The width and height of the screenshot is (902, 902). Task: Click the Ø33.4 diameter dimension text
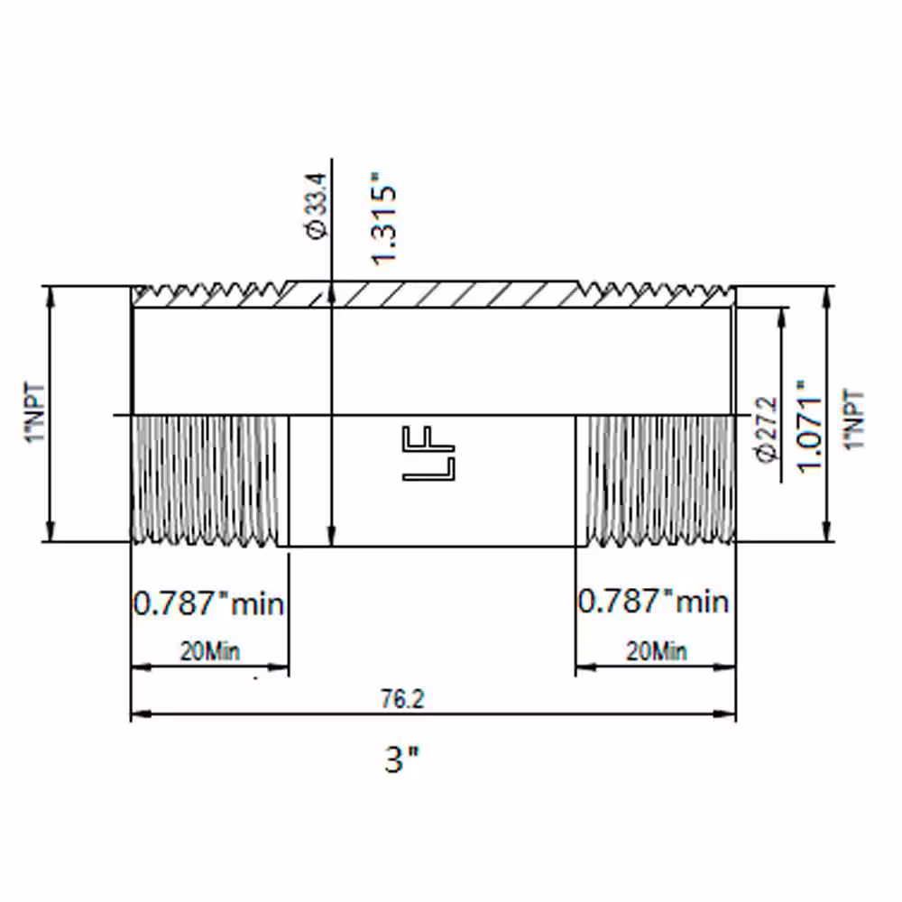pos(317,206)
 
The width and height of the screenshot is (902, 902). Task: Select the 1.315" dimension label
pos(383,218)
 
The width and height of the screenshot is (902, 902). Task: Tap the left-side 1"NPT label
pos(35,412)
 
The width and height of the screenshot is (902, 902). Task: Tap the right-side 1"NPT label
pos(855,419)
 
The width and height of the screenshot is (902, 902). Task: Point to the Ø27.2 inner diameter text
pos(769,429)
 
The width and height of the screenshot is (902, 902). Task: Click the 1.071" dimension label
pos(809,427)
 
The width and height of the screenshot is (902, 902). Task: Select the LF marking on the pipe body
pos(428,454)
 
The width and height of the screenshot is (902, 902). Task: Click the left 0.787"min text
pos(209,604)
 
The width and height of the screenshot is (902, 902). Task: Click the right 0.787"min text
pos(653,602)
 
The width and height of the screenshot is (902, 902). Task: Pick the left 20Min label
pos(210,651)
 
